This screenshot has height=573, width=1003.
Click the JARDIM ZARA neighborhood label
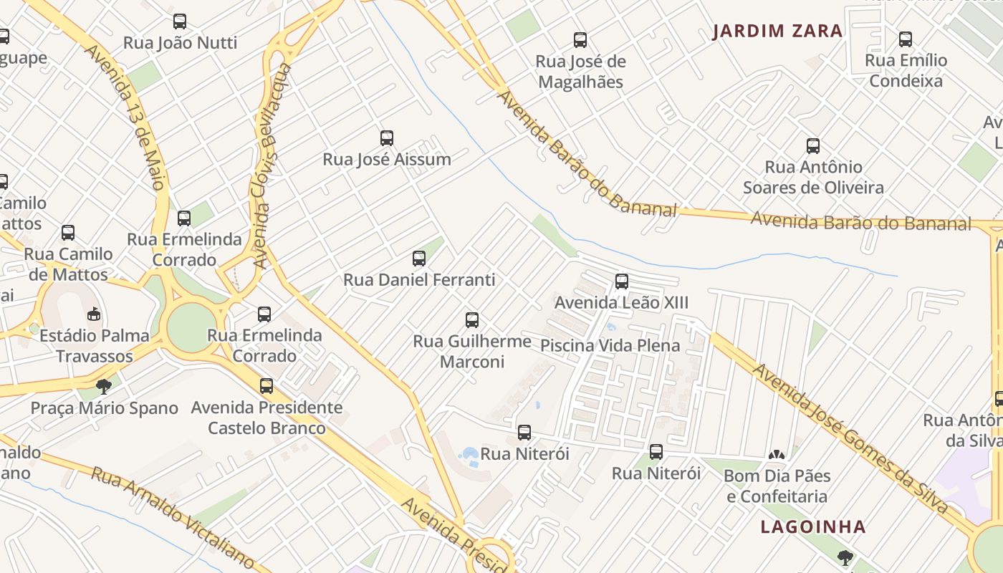pyautogui.click(x=778, y=32)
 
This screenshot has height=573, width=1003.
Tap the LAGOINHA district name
pyautogui.click(x=813, y=527)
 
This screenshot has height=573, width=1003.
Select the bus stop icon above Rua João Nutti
pyautogui.click(x=180, y=21)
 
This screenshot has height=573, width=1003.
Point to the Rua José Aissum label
pyautogui.click(x=387, y=159)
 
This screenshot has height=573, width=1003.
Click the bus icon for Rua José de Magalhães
pyautogui.click(x=580, y=40)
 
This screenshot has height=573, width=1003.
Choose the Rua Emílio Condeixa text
pyautogui.click(x=906, y=70)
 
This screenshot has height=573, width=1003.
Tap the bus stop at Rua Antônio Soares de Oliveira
pyautogui.click(x=813, y=146)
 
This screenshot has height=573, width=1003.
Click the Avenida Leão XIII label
pyautogui.click(x=621, y=302)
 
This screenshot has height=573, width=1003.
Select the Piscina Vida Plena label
pyautogui.click(x=610, y=346)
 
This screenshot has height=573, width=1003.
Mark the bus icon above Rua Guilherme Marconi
pyautogui.click(x=472, y=319)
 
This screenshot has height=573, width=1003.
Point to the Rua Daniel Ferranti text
pyautogui.click(x=419, y=279)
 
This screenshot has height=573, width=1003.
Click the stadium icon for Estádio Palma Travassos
pyautogui.click(x=94, y=314)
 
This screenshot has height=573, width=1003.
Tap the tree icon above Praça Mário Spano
pyautogui.click(x=104, y=387)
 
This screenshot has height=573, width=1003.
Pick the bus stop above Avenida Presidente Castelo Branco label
pyautogui.click(x=267, y=386)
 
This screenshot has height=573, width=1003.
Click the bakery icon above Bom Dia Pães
pyautogui.click(x=777, y=454)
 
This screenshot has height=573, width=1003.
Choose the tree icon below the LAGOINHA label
pyautogui.click(x=845, y=557)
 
